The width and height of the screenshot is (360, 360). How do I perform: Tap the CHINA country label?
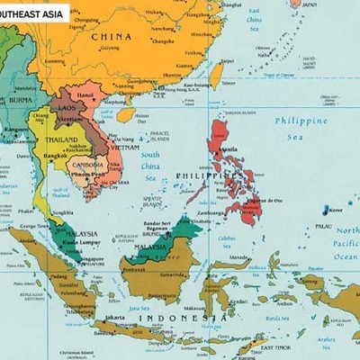click(x=118, y=37)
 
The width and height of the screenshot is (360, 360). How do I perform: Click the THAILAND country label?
click(x=63, y=140)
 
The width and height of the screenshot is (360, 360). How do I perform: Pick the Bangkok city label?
click(x=56, y=157)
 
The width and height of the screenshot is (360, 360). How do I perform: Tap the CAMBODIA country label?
click(x=88, y=165)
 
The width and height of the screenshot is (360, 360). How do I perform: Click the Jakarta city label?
click(x=114, y=318)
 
